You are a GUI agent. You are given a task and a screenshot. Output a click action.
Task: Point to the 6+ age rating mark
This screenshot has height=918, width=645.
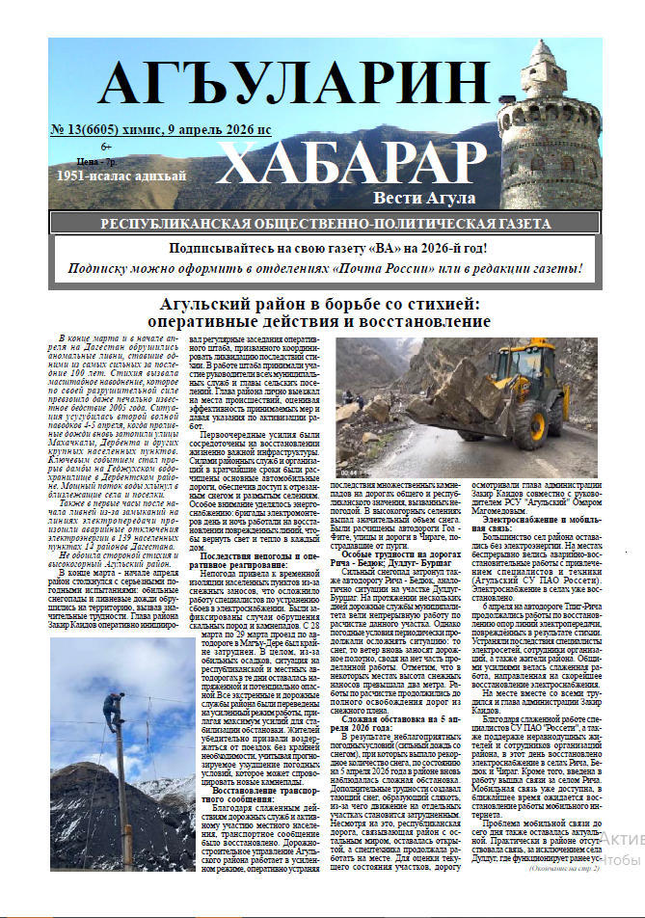[106, 146]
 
